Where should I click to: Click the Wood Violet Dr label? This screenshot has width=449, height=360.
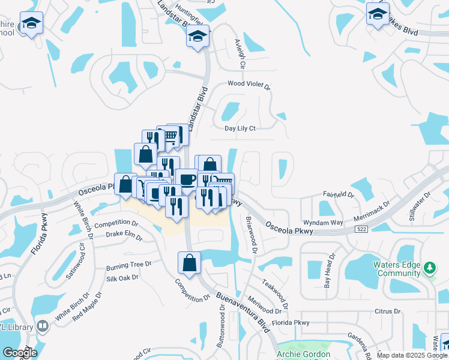point(249,85)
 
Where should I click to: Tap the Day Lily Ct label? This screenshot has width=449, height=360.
point(240,128)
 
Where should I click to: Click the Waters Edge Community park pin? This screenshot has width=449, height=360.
point(430,268)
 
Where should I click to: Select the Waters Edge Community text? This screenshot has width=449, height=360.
point(398,269)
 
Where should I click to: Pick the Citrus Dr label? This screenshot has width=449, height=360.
point(387,311)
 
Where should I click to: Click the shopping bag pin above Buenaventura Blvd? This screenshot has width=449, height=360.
point(190,263)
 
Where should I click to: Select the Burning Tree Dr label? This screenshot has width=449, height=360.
point(128,265)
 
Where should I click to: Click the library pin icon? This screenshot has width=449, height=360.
point(43,326)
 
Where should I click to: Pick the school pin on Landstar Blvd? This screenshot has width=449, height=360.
point(197,37)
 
